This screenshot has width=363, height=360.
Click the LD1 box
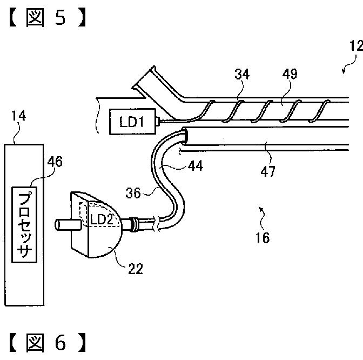(x=132, y=122)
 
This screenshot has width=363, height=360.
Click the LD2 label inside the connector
(x=102, y=219)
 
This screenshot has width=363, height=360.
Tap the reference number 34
(x=242, y=75)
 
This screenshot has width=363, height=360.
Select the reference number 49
(x=290, y=74)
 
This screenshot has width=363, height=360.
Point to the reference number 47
(x=268, y=172)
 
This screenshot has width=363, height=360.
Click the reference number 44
(x=196, y=166)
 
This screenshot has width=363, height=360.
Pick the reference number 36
(x=133, y=193)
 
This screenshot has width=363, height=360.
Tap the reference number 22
(x=136, y=269)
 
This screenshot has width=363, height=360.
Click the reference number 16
(x=263, y=237)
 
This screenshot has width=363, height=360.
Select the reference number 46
(x=55, y=162)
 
